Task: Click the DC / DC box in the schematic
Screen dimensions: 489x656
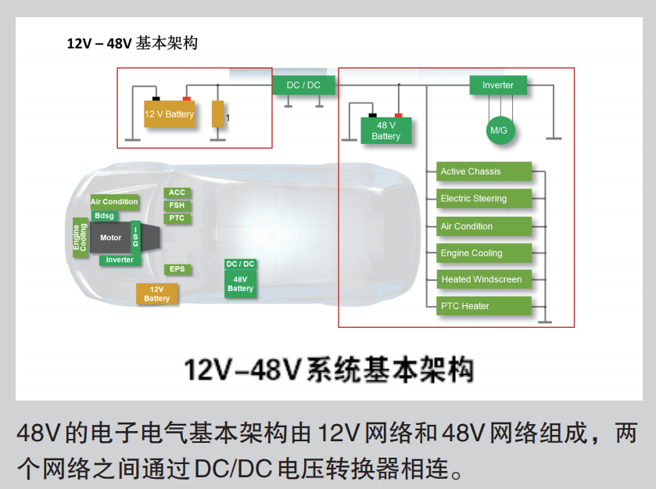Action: click(303, 85)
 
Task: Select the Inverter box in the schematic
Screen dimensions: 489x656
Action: click(498, 85)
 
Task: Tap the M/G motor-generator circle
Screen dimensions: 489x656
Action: click(498, 131)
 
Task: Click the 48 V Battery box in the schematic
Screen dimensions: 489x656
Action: click(386, 131)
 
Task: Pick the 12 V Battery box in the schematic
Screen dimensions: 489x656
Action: click(169, 114)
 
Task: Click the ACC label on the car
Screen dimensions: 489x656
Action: click(177, 192)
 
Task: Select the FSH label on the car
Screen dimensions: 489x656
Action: click(177, 206)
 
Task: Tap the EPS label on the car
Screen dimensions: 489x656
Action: click(177, 269)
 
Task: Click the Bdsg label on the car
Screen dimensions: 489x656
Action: click(104, 216)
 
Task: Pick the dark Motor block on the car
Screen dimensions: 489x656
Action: click(110, 238)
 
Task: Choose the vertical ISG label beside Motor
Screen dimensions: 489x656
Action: click(136, 237)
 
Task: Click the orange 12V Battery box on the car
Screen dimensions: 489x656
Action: click(156, 294)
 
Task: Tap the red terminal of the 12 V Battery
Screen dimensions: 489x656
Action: click(187, 99)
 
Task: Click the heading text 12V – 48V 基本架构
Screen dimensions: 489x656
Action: click(132, 43)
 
